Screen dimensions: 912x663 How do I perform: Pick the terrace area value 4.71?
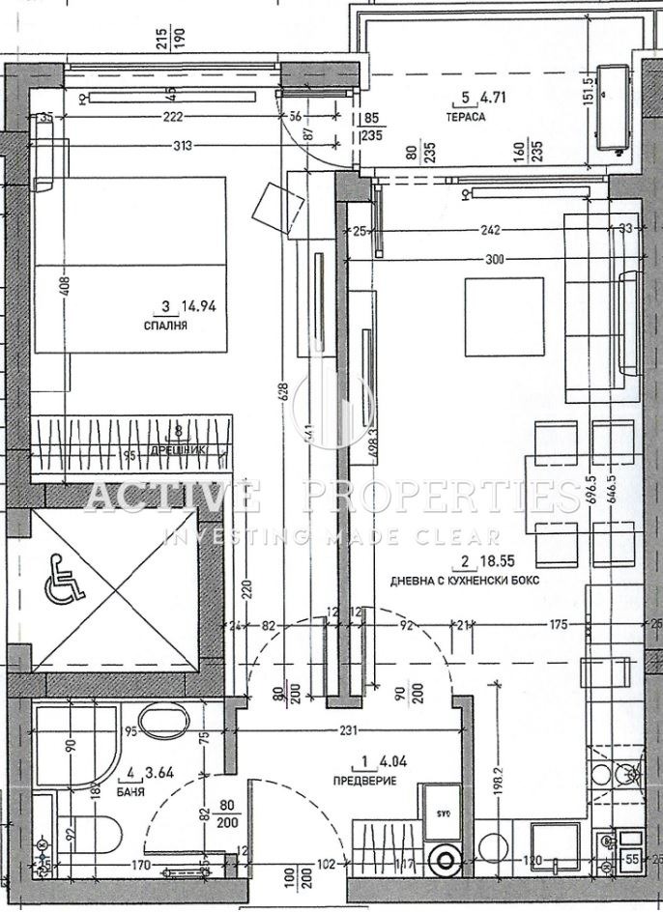(x=494, y=97)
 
